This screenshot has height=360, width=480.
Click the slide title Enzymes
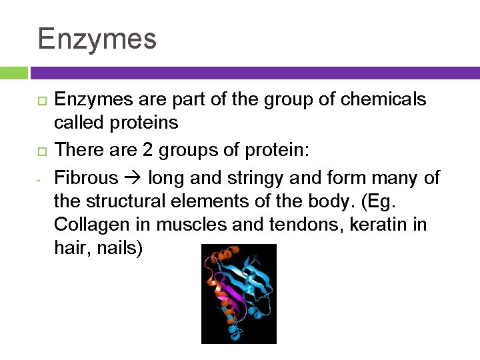point(97,39)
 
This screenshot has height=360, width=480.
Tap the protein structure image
point(239,293)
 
